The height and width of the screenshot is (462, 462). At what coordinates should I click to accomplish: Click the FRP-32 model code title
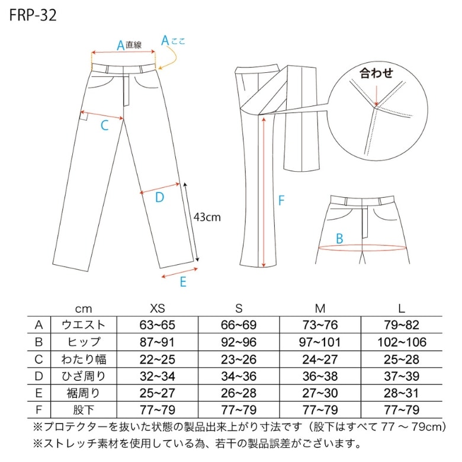pyautogui.click(x=33, y=15)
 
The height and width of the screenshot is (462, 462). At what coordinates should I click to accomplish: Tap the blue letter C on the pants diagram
pyautogui.click(x=105, y=126)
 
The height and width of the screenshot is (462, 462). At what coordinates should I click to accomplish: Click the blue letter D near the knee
pyautogui.click(x=159, y=197)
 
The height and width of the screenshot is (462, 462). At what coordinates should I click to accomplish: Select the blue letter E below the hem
pyautogui.click(x=183, y=282)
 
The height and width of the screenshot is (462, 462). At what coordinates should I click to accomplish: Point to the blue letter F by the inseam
pyautogui.click(x=281, y=201)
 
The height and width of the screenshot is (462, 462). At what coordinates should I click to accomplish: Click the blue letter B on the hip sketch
pyautogui.click(x=339, y=238)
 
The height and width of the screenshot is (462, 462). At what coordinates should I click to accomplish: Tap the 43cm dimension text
pyautogui.click(x=207, y=217)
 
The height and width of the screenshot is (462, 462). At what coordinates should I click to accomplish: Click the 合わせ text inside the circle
pyautogui.click(x=376, y=73)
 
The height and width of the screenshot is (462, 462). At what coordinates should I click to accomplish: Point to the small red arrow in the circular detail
pyautogui.click(x=376, y=95)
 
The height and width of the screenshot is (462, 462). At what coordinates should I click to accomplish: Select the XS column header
pyautogui.click(x=158, y=309)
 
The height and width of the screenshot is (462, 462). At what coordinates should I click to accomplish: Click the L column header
pyautogui.click(x=402, y=309)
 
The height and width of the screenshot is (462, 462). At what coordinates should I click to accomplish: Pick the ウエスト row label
pyautogui.click(x=84, y=325)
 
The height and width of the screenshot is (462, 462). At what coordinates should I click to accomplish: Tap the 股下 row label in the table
pyautogui.click(x=84, y=410)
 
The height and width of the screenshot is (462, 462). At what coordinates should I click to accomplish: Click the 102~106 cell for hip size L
pyautogui.click(x=402, y=342)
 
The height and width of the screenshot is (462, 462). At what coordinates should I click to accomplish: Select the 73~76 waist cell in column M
pyautogui.click(x=320, y=325)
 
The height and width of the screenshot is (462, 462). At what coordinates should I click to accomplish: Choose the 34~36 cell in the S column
pyautogui.click(x=239, y=376)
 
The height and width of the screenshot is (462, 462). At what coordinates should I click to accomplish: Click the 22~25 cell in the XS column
pyautogui.click(x=158, y=360)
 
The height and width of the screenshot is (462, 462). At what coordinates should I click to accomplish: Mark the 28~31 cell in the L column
pyautogui.click(x=402, y=393)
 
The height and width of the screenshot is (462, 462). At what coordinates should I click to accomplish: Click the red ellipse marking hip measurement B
pyautogui.click(x=362, y=251)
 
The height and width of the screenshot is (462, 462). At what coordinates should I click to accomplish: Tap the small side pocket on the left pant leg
pyautogui.click(x=84, y=116)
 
